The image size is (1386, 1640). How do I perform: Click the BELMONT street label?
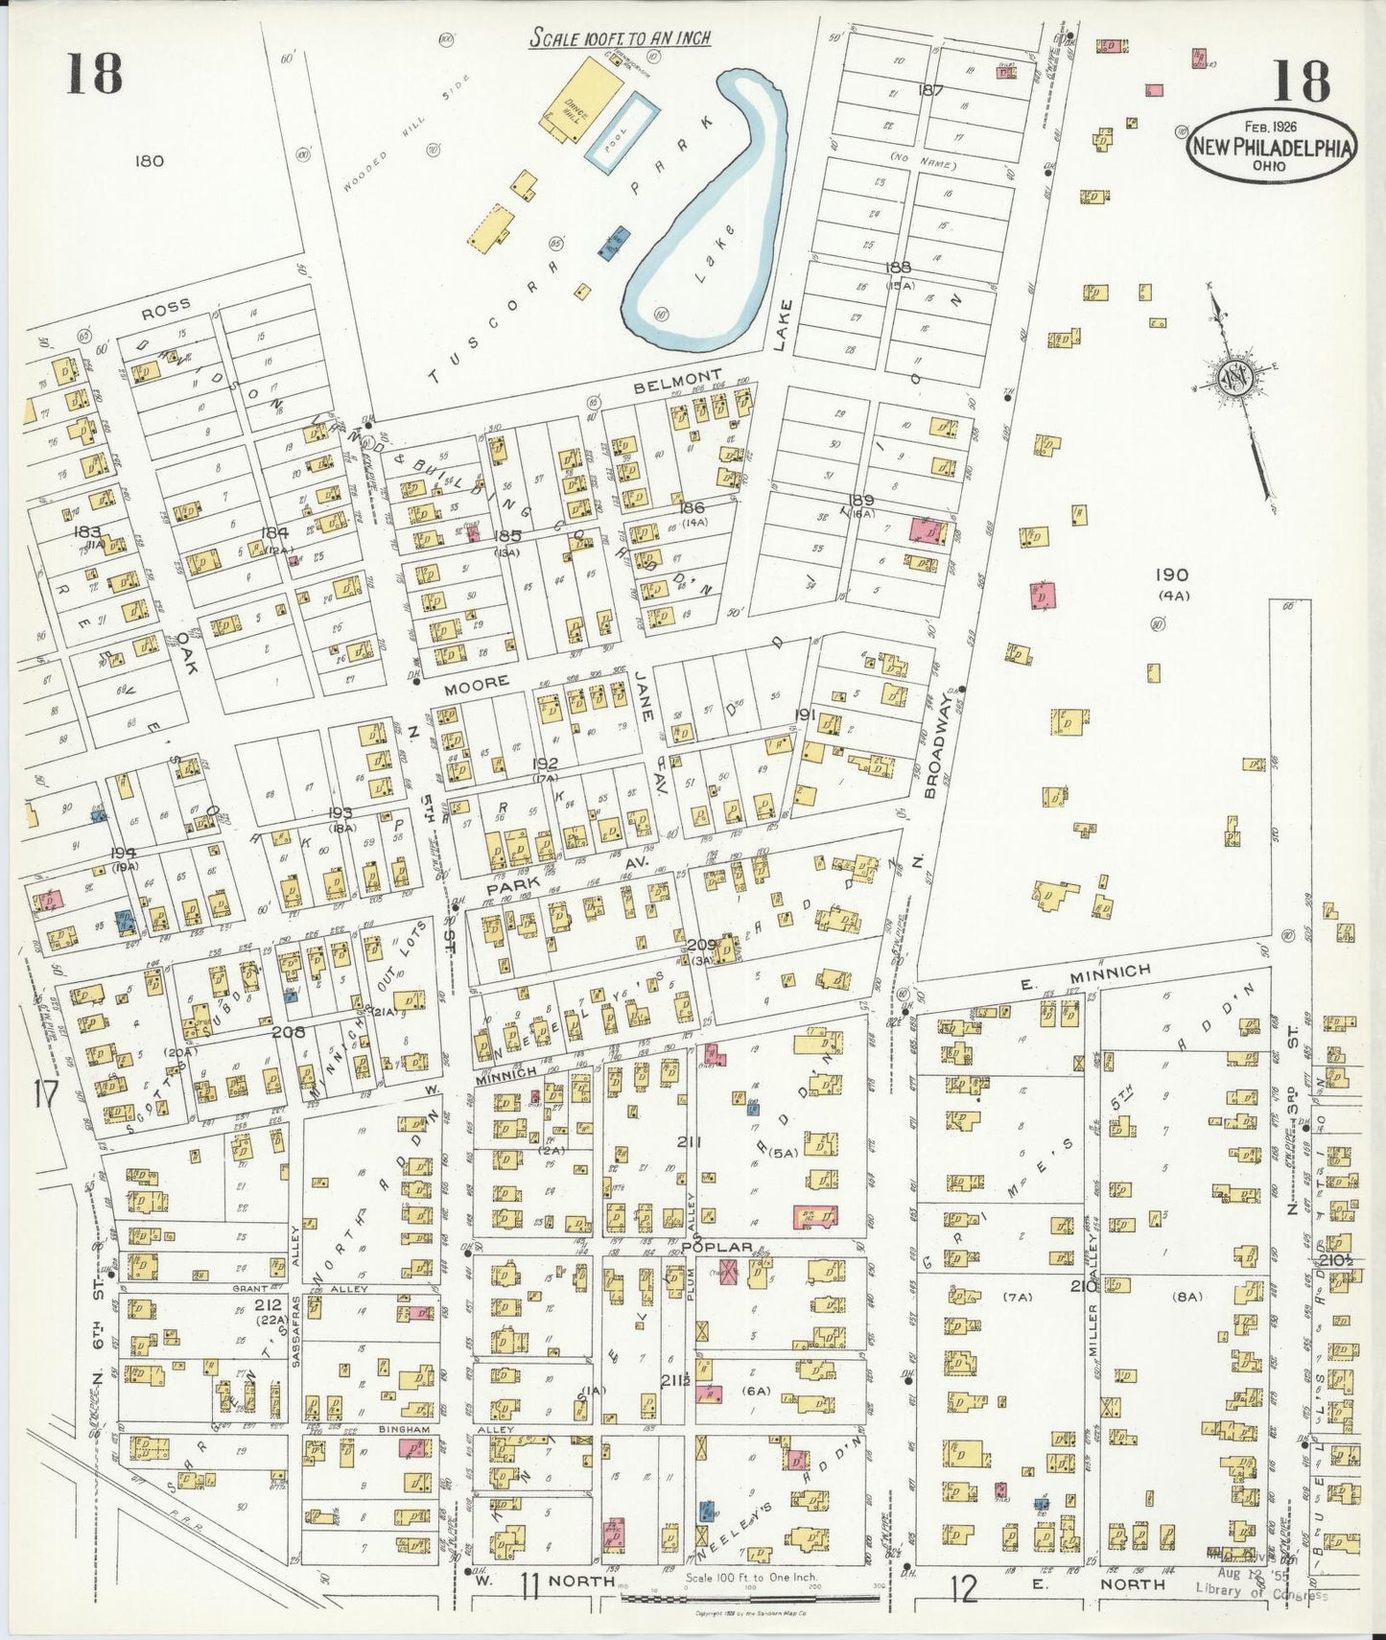click(677, 374)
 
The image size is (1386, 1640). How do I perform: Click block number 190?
click(1171, 575)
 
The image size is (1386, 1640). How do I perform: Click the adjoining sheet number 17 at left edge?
click(45, 1094)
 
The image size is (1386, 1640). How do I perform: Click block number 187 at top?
click(930, 91)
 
